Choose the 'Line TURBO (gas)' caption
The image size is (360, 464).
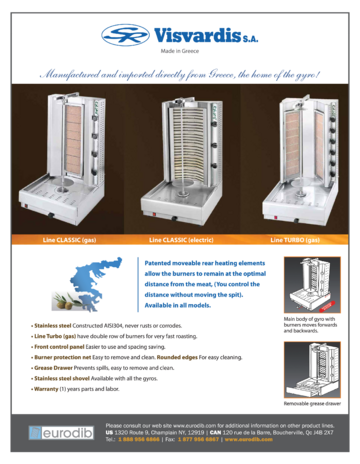297,240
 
